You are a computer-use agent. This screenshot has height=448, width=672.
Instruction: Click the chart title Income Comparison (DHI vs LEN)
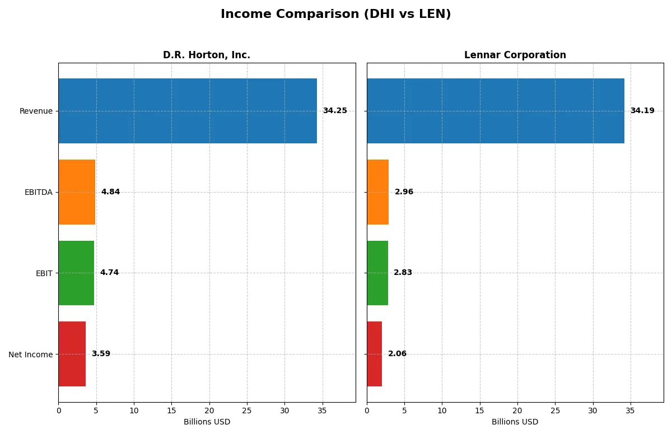click(335, 15)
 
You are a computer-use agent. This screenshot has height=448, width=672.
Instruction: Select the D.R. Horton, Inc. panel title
click(207, 55)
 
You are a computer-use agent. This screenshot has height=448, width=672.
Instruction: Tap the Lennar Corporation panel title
click(515, 55)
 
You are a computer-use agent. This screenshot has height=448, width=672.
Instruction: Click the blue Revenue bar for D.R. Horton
click(188, 111)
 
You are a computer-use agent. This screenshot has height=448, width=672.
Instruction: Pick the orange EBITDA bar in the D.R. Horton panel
click(77, 192)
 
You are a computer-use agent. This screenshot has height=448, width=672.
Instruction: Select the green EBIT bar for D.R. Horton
click(76, 273)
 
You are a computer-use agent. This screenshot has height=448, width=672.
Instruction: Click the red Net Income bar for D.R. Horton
click(72, 354)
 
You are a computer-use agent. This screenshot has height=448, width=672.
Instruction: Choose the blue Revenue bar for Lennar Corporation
click(496, 111)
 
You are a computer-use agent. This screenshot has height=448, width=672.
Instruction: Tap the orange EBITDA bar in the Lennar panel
click(378, 192)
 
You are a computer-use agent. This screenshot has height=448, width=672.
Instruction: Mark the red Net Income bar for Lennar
click(375, 354)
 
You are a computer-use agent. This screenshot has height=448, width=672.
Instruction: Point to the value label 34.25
click(335, 111)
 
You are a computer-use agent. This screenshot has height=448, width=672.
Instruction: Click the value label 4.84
click(110, 192)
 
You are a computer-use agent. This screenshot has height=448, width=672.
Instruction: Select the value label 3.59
click(101, 354)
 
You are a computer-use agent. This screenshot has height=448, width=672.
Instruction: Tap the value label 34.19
click(642, 111)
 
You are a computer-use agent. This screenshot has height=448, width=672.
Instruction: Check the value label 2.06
click(397, 354)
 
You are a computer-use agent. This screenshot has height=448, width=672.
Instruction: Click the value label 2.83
click(403, 273)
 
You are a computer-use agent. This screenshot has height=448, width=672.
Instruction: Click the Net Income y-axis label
click(31, 354)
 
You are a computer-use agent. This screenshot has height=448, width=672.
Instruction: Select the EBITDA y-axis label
click(39, 193)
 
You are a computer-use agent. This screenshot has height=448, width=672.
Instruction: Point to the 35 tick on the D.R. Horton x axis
click(322, 410)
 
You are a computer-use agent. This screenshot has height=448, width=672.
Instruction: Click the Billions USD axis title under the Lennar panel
click(515, 422)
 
